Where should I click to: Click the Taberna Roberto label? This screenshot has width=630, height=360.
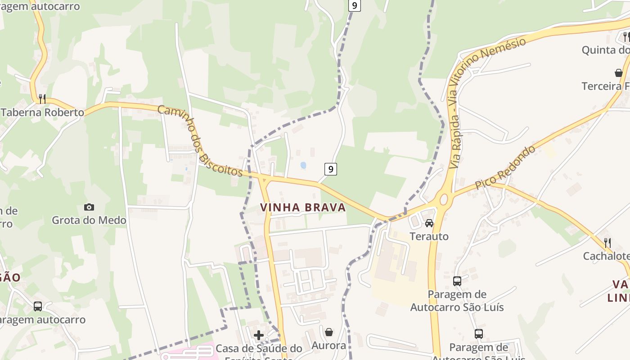coord(43,112)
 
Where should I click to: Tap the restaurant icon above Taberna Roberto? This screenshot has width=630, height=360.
coord(42,99)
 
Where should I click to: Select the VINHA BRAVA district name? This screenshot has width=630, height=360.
coord(303,207)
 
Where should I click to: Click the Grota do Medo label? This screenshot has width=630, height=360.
coord(89,220)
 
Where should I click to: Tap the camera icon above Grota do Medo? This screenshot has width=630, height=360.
coord(89,207)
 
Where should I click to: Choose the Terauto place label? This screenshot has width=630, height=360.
coord(429,236)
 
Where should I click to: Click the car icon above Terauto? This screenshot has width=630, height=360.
coord(429,223)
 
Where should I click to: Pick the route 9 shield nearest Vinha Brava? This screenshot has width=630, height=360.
coord(330,169)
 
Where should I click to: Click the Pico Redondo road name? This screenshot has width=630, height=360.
coord(506,167)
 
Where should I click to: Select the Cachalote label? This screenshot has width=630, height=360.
coord(606,256)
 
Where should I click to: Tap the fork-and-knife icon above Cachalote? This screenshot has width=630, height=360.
coord(607,243)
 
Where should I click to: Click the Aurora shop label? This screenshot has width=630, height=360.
coord(329,346)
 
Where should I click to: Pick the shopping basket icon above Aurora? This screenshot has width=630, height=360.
coord(329,332)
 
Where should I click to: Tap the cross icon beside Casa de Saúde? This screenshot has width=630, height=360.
coord(259,335)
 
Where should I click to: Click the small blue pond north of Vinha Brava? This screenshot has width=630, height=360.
coord(303,165)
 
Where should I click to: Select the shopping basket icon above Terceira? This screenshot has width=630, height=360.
coord(619,72)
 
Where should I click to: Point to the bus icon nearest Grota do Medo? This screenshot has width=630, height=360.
coord(38,306)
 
